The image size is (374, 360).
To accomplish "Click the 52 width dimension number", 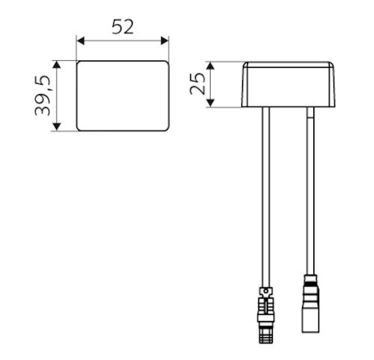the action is (x=122, y=27).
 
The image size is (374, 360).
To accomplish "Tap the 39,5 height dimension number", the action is (x=43, y=95).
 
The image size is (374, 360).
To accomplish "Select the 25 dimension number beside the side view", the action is (x=197, y=83).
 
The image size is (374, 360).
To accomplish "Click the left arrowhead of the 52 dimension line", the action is (x=81, y=40).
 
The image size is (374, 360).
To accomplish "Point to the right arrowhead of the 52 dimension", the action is (x=165, y=40).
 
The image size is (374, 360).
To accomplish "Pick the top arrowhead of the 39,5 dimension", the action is (x=57, y=64).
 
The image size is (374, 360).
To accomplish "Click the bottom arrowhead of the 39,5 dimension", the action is (x=57, y=127).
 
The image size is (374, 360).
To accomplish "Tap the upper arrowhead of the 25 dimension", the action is (x=211, y=66).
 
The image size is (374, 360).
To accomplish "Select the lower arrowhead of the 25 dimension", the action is (x=211, y=103).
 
